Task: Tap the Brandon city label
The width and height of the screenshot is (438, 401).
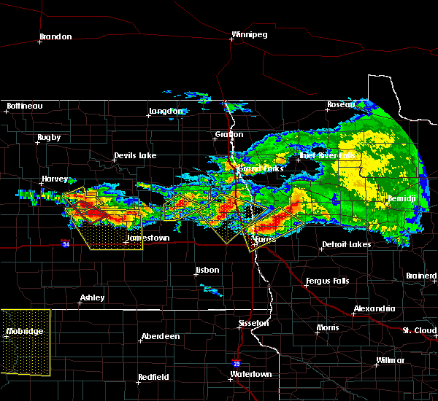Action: coord(55,36)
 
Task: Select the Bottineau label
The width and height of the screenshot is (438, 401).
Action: coord(25,106)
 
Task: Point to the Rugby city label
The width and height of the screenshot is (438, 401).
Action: coord(49,137)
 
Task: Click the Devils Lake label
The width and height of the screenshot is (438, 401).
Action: coord(135,155)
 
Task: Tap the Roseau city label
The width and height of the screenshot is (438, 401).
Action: coord(341,104)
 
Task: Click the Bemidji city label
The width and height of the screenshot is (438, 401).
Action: coord(404,198)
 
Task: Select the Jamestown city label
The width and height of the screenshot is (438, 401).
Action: coord(147,238)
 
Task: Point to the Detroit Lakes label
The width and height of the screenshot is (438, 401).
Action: coord(346,244)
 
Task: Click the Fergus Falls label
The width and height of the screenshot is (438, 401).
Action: coord(328,281)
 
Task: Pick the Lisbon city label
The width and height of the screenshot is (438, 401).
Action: coord(207,270)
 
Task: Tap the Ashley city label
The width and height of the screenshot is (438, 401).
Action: coord(93,297)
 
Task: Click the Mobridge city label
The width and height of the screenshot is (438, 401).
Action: coord(25,331)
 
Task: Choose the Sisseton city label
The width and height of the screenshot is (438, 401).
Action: coord(254,322)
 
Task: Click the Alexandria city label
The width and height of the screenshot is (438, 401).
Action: coord(374,308)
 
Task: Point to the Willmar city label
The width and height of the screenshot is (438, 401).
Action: coord(390,360)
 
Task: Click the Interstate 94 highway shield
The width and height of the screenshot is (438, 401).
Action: coord(66,244)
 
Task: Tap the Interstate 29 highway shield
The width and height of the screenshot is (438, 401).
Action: coord(237,362)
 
